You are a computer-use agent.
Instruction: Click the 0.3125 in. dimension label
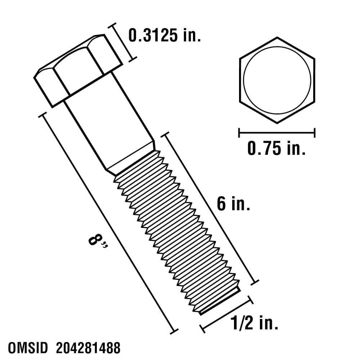coord(165,36)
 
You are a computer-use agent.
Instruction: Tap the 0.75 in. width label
coord(276,148)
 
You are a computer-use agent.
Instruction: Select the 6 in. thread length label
coord(233,204)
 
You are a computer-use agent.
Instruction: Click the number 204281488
coord(88,349)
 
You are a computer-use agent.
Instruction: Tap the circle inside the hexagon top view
coord(277,80)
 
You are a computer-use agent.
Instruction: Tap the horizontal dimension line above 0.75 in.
coord(277,133)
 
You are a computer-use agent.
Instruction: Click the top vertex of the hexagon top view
coord(277,37)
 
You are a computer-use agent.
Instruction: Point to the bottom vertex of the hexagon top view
coord(277,123)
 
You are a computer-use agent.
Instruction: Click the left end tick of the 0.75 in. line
coord(239,133)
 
